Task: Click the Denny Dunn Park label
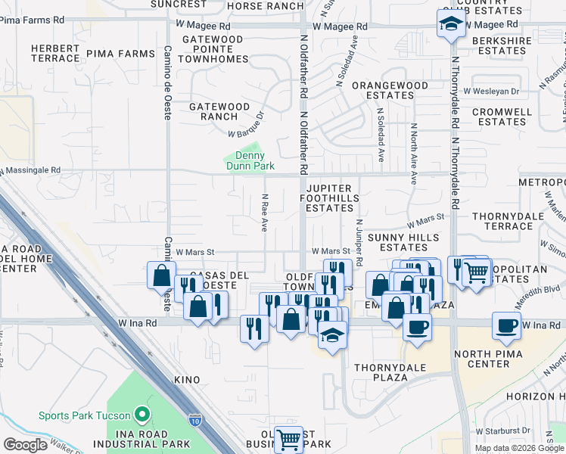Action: [x=249, y=160]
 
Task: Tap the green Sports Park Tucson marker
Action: [x=141, y=415]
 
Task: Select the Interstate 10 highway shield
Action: [x=195, y=419]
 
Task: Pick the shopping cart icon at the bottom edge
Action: [x=288, y=439]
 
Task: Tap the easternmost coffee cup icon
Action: [x=506, y=325]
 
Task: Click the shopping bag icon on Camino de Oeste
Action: [x=162, y=275]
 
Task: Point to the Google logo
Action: [x=25, y=444]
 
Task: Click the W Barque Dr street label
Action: [x=246, y=126]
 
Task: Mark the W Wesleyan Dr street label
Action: [x=492, y=91]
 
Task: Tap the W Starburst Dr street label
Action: [x=502, y=431]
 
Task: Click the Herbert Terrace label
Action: [x=55, y=53]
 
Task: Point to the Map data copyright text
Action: [x=520, y=448]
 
